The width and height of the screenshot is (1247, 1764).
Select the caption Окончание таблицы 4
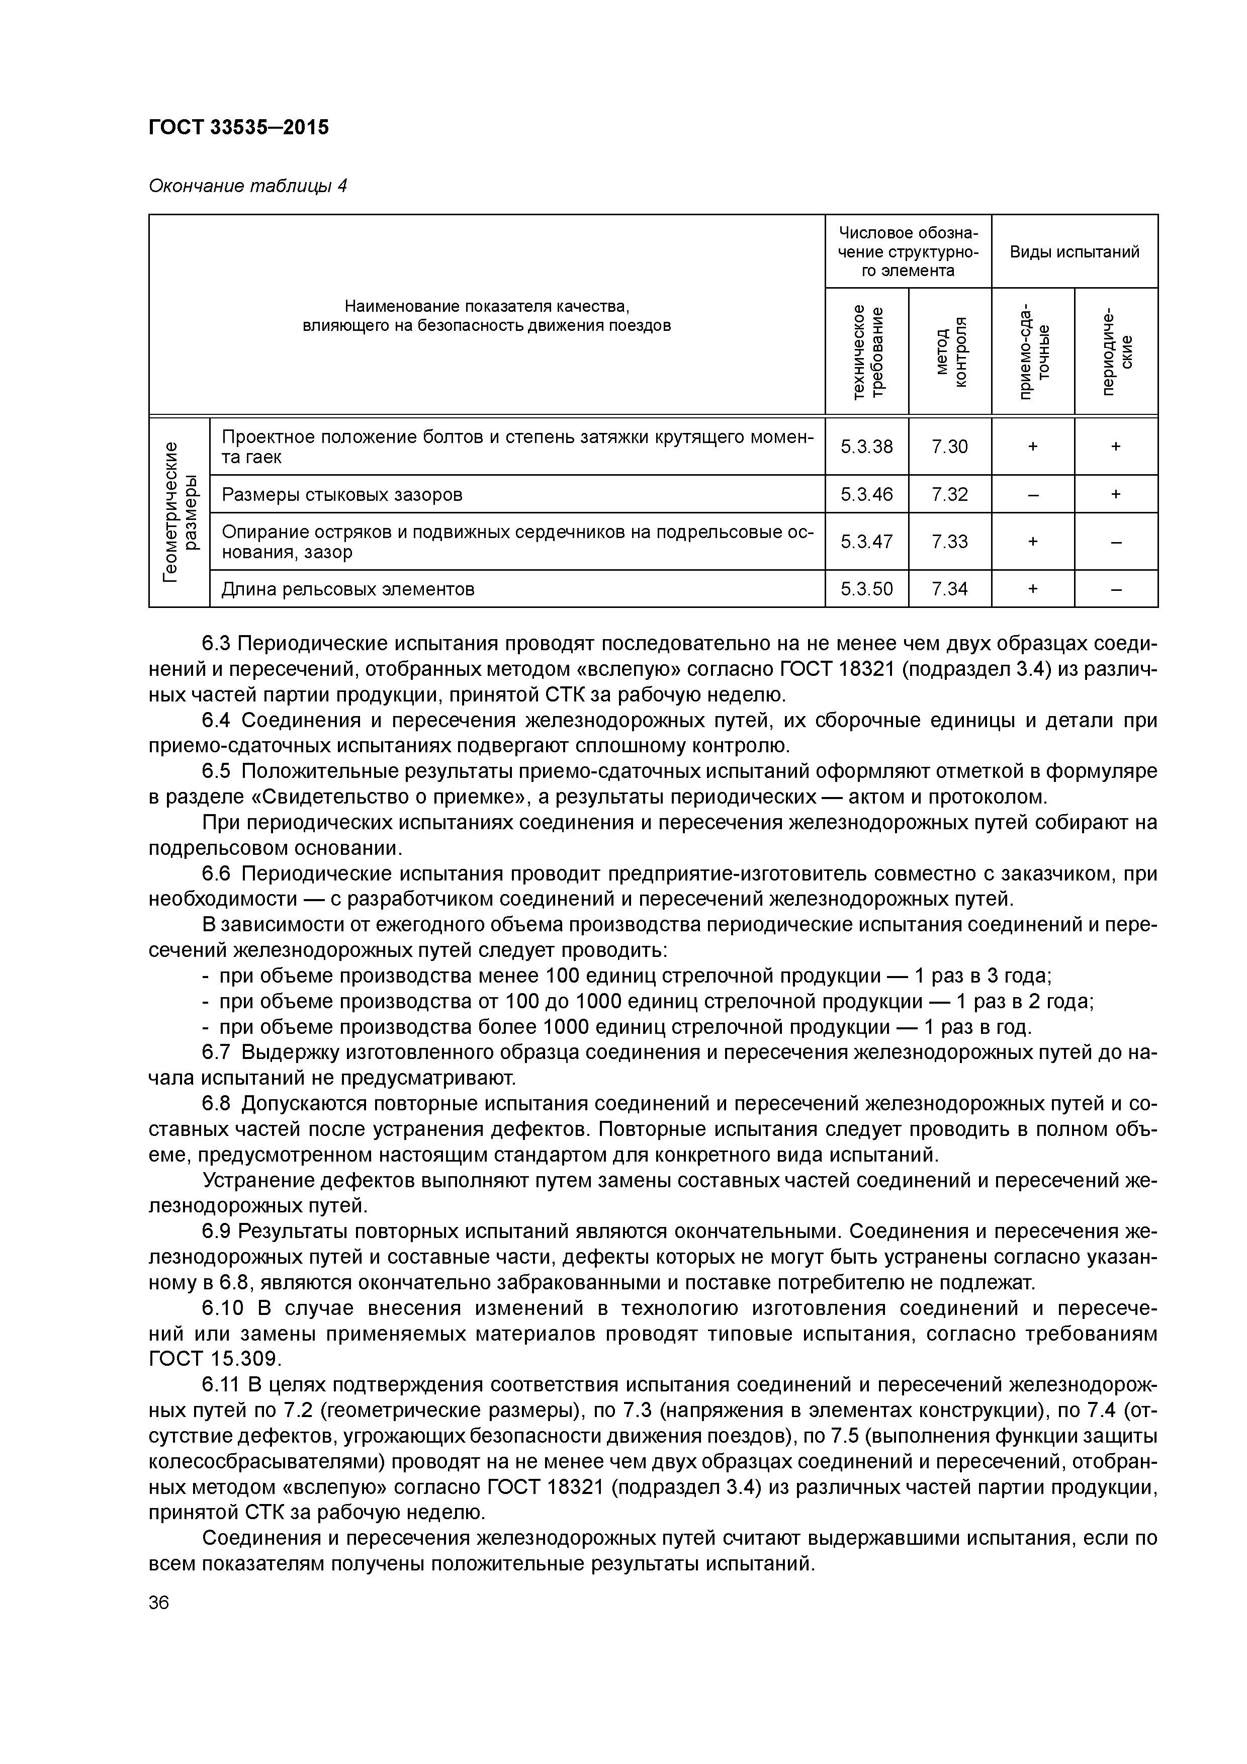point(247,186)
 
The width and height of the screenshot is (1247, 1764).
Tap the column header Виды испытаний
point(1074,252)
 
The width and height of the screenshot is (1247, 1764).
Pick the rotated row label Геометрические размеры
point(179,512)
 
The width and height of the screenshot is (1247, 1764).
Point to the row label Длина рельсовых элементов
point(347,589)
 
